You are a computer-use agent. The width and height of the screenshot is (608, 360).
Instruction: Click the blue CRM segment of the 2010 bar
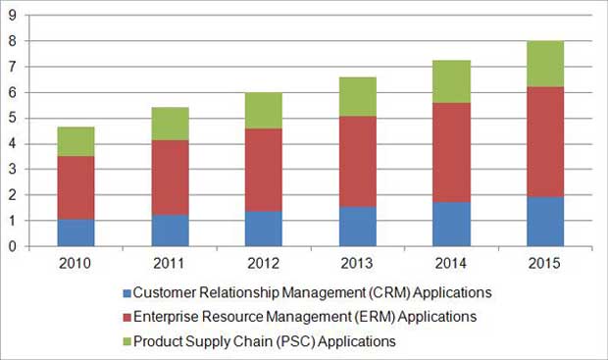75,232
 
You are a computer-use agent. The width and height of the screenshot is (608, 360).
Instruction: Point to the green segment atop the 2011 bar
170,124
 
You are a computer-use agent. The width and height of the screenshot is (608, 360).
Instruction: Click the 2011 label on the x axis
170,262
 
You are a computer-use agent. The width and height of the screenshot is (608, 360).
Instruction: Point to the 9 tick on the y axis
12,16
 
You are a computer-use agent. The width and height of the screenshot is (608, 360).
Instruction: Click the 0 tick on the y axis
12,247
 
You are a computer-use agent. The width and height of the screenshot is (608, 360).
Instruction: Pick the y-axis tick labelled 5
12,119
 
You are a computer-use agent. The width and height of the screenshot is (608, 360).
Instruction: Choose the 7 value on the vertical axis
12,67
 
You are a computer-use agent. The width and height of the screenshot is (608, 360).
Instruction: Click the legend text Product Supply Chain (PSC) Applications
264,341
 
